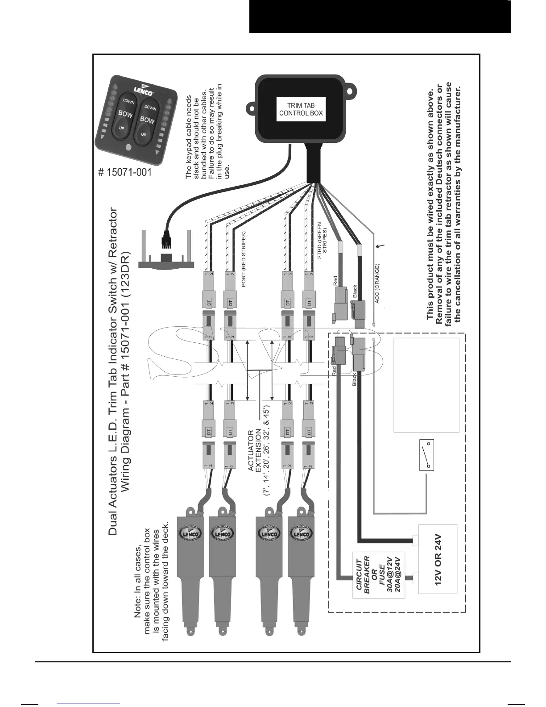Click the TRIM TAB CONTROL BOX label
coord(301,109)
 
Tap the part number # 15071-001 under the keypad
coord(125,172)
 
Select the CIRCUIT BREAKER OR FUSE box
coord(379,576)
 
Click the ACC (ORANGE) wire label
coord(377,283)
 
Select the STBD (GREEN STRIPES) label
coord(322,241)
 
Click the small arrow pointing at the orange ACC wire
coord(380,245)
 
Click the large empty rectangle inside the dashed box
coord(426,385)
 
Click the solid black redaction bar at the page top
coord(380,17)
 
